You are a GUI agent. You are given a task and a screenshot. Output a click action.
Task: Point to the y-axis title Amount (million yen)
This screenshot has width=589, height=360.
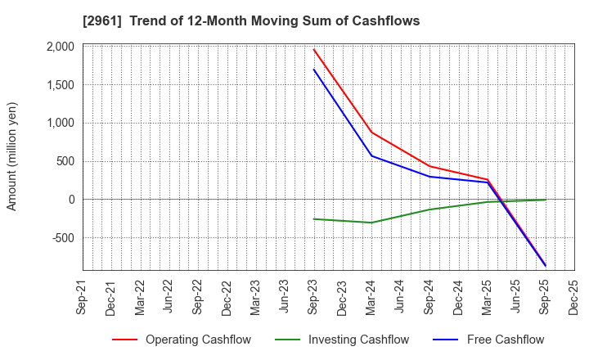tap(12, 156)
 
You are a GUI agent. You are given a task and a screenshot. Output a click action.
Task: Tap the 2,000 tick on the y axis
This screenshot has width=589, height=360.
tap(60, 47)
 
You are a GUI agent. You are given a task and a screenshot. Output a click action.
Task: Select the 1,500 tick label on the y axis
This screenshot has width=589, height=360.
tap(60, 85)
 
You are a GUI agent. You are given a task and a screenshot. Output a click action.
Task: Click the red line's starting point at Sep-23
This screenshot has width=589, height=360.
tap(314, 49)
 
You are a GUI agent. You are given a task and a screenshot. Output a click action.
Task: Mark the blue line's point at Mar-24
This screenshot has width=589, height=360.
tap(372, 155)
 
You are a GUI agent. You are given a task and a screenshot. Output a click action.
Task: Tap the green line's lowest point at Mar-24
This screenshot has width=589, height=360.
tap(372, 223)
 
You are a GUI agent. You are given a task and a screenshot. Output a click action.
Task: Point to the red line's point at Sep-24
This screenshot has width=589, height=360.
tap(429, 166)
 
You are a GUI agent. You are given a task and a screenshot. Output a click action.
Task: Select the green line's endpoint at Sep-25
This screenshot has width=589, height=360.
tap(546, 200)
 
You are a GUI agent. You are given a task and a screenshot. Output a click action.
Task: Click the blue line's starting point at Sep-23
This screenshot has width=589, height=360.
tap(314, 70)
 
